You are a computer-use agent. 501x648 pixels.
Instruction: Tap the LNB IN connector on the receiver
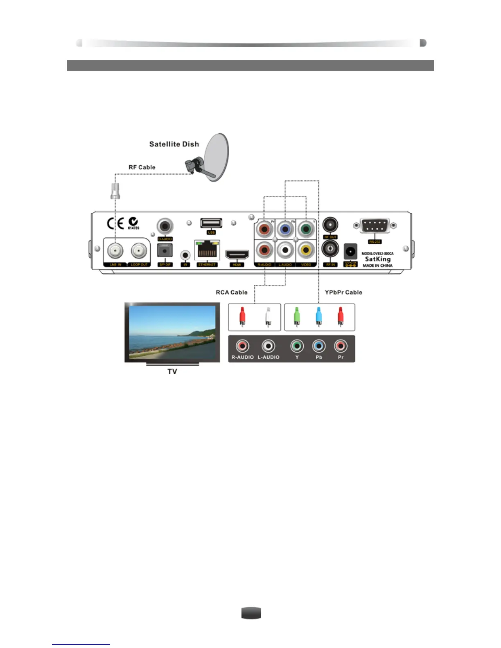click(x=115, y=250)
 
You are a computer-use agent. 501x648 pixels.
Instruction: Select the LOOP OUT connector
click(x=139, y=250)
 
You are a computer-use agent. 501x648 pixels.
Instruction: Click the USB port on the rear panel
click(x=211, y=223)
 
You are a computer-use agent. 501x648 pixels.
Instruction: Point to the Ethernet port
click(x=207, y=250)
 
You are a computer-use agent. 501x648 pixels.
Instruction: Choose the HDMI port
click(x=237, y=254)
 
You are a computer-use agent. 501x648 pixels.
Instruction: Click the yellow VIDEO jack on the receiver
click(x=306, y=250)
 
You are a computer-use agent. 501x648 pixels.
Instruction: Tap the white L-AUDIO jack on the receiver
click(x=285, y=250)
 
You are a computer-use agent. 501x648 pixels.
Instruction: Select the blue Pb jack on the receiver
click(x=285, y=229)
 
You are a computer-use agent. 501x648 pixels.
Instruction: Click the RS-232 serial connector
click(x=375, y=225)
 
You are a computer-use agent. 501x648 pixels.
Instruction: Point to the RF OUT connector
click(x=330, y=225)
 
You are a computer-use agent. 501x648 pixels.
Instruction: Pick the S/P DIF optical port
click(x=165, y=250)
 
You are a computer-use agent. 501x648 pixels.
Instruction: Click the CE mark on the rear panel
click(x=115, y=223)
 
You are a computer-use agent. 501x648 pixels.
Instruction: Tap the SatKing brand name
click(x=378, y=259)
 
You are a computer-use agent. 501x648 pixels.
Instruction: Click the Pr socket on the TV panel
click(x=341, y=346)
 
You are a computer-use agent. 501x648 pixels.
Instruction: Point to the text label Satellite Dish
click(x=174, y=144)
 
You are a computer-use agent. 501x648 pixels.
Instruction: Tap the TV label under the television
click(x=172, y=371)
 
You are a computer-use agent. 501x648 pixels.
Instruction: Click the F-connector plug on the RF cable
click(x=115, y=191)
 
